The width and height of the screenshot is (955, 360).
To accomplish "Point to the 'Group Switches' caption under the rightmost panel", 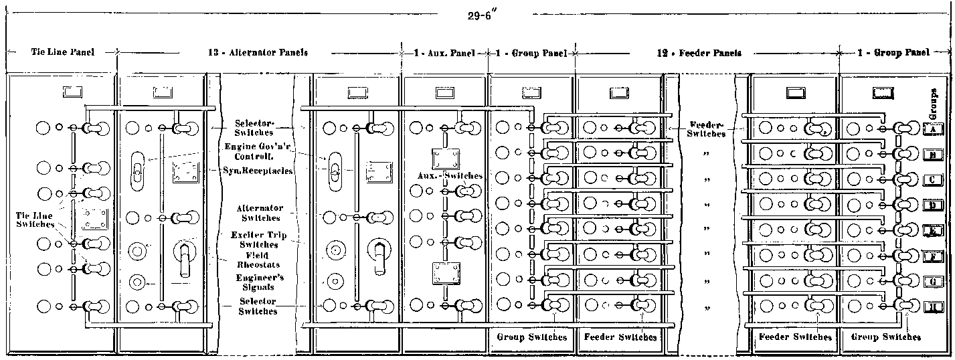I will (885, 337).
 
